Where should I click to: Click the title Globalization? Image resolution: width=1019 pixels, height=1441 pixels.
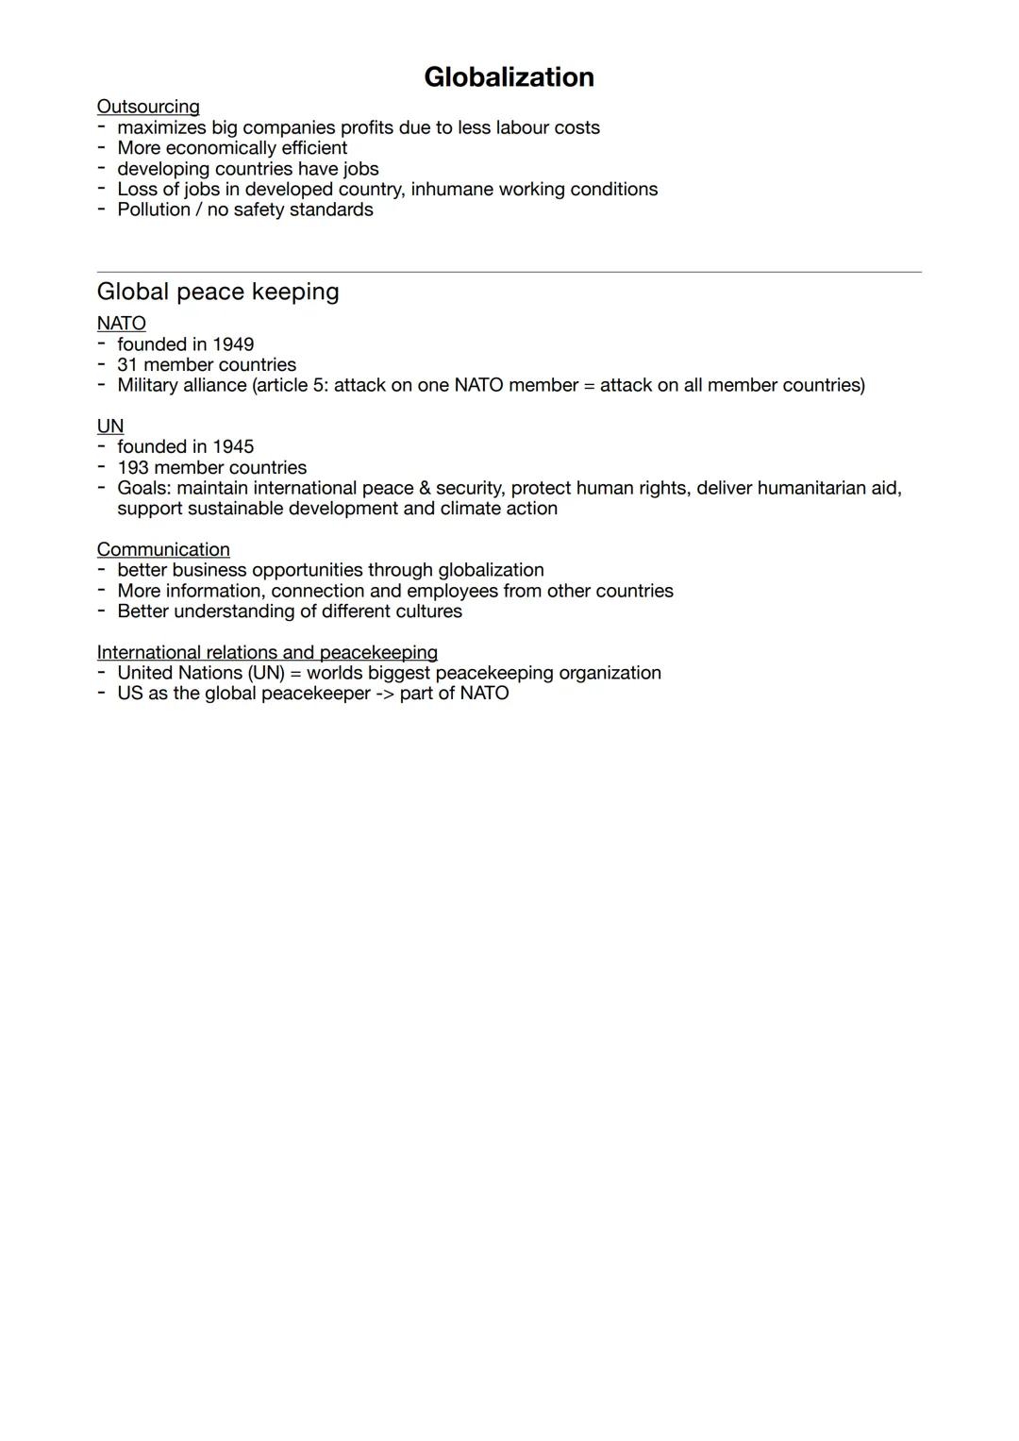coord(509,77)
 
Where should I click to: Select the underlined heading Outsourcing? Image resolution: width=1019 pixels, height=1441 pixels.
coord(148,107)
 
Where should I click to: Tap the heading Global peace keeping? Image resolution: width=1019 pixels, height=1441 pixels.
coord(218,292)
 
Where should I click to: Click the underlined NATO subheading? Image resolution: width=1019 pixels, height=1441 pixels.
coord(121,324)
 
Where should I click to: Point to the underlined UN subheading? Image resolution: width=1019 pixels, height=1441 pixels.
coord(110,427)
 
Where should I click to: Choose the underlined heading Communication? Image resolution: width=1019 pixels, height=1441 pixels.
coord(163,549)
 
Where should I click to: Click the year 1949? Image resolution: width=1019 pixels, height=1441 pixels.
coord(233,344)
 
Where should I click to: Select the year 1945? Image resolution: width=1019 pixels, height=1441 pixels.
coord(233,446)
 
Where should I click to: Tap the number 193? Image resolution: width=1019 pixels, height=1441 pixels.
coord(133,467)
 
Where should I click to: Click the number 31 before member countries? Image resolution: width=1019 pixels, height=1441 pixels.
coord(127,365)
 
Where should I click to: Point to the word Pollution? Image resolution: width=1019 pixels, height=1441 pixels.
coord(154,209)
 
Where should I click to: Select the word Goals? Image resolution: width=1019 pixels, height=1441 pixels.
coord(143,488)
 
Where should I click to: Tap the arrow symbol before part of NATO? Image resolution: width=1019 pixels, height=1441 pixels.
coord(384,694)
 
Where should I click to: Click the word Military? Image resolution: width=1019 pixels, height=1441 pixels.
coord(148,385)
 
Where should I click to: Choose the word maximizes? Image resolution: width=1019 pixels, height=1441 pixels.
coord(161,127)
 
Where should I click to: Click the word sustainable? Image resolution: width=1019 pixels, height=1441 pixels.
coord(235,509)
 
